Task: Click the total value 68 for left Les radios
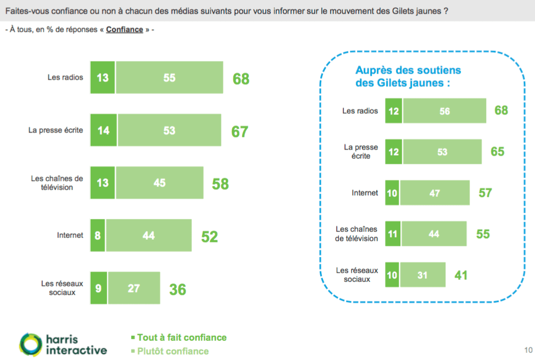(241, 79)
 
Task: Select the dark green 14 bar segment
(103, 130)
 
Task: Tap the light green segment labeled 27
(134, 288)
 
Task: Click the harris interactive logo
(63, 344)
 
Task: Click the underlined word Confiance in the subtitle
(124, 29)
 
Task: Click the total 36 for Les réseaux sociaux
(177, 289)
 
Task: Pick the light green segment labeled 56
(444, 111)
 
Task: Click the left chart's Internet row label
(70, 235)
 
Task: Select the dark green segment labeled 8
(97, 235)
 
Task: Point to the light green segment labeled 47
(435, 193)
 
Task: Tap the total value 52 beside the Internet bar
(209, 236)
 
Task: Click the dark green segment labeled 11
(392, 234)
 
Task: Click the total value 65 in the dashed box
(497, 151)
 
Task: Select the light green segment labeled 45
(159, 182)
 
